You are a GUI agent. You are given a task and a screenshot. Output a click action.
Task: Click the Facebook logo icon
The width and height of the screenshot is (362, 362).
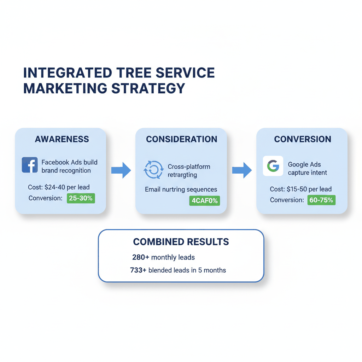click(x=30, y=165)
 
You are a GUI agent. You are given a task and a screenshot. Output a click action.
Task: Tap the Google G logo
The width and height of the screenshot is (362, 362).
click(x=273, y=166)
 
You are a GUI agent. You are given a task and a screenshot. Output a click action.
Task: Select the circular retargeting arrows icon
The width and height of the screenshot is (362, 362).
click(x=153, y=170)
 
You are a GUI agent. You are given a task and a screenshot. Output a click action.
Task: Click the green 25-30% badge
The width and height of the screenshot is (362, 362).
click(x=81, y=198)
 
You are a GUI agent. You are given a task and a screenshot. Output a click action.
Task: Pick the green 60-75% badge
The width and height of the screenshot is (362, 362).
click(x=321, y=200)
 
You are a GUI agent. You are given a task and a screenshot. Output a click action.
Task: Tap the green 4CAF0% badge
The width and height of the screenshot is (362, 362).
click(x=204, y=201)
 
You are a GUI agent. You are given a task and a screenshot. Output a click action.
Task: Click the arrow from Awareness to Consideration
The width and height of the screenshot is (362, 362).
click(x=121, y=171)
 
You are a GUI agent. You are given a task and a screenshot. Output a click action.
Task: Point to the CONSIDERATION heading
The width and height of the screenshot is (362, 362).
click(x=181, y=139)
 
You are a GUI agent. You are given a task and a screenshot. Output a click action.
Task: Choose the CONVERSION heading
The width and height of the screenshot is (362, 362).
click(x=303, y=139)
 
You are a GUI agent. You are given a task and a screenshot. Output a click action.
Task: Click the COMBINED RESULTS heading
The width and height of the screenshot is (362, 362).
click(x=181, y=242)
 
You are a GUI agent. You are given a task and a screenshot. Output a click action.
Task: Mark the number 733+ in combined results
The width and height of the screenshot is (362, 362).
click(x=138, y=270)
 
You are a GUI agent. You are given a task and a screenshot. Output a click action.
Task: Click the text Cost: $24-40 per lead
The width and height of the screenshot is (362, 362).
click(x=59, y=187)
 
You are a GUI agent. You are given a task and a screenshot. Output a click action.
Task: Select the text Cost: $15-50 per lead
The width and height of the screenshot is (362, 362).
click(x=300, y=189)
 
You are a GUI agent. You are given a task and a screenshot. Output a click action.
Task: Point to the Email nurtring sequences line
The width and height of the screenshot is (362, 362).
click(x=181, y=189)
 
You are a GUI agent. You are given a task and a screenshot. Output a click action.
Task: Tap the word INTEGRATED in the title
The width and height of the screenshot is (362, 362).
click(x=66, y=73)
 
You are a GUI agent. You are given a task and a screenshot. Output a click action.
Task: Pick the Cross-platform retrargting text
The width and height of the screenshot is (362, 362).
click(x=188, y=170)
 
